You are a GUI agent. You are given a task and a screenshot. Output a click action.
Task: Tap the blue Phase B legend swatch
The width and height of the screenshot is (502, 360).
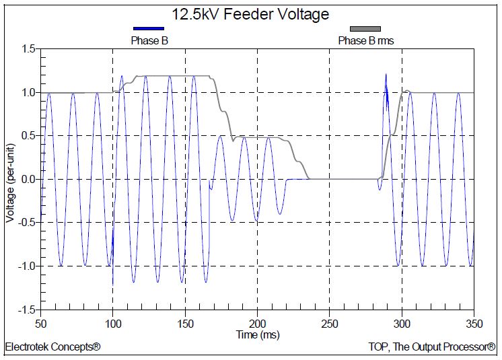click(x=149, y=29)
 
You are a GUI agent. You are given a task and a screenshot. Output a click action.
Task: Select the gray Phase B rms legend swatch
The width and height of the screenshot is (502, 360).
click(x=365, y=29)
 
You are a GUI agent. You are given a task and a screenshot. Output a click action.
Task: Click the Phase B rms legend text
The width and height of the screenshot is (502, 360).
click(x=365, y=41)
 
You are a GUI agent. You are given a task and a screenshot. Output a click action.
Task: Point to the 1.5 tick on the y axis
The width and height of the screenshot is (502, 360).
click(x=28, y=49)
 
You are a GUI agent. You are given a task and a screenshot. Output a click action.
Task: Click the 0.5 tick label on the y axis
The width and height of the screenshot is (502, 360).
click(x=28, y=136)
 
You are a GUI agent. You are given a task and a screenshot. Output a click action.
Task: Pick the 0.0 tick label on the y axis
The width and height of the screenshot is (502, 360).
click(x=28, y=179)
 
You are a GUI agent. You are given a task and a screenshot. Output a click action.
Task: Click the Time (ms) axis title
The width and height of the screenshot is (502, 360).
click(x=258, y=334)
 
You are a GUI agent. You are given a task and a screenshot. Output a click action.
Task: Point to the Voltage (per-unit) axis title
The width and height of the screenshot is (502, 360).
click(x=9, y=179)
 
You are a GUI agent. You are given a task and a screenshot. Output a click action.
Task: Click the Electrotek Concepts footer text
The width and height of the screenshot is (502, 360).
click(x=52, y=348)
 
